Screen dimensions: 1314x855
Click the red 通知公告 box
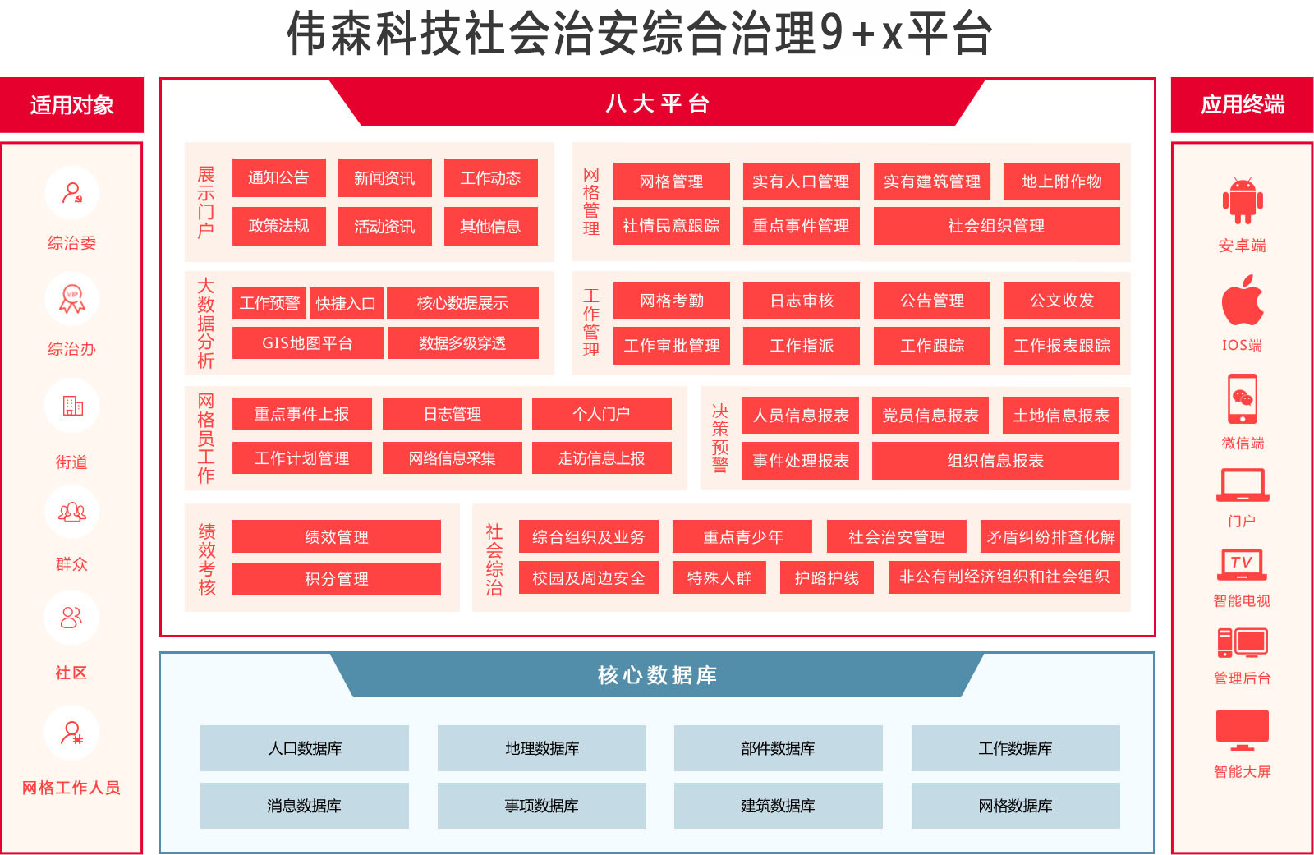[278, 177]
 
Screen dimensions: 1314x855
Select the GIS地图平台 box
[307, 342]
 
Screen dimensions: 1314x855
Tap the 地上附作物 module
[1061, 182]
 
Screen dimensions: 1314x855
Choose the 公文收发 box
[1061, 301]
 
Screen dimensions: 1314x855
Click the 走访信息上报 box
[601, 457]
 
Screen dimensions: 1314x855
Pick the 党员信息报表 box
[930, 416]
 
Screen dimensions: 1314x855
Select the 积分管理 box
[336, 579]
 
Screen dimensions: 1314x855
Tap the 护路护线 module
[826, 577]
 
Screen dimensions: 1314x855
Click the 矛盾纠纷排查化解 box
[1050, 536]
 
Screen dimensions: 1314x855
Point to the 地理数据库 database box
[541, 748]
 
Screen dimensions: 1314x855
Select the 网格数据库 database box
[1015, 806]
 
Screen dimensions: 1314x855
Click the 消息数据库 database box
[305, 806]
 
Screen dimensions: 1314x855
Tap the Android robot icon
[1243, 200]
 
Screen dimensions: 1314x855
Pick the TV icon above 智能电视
[1243, 564]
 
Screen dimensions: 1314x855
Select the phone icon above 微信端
[1243, 399]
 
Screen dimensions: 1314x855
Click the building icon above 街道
[73, 406]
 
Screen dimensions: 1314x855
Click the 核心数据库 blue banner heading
[657, 675]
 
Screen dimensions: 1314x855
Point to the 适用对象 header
[71, 105]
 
